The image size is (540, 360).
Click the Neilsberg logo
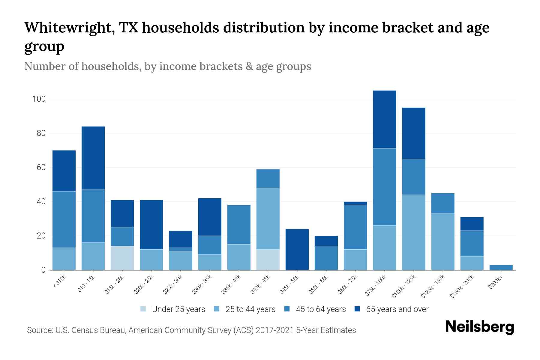tap(479, 327)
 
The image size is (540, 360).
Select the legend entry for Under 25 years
tap(178, 309)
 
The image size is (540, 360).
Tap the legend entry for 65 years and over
tap(397, 309)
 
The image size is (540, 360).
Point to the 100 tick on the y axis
tap(39, 99)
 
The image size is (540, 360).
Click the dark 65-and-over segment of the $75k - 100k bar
tap(384, 119)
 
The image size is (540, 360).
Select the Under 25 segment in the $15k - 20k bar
tap(122, 258)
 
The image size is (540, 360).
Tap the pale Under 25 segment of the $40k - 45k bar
tap(268, 259)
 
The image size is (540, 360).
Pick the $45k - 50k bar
tap(297, 249)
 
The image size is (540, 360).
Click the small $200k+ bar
tap(501, 267)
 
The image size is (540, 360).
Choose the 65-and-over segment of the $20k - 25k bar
tap(151, 224)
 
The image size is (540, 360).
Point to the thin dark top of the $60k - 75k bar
tap(355, 203)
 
